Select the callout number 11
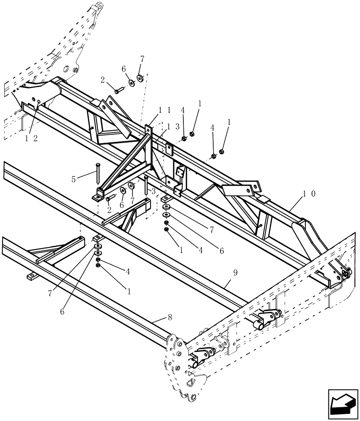164,109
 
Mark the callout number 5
74,179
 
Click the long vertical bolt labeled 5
98,173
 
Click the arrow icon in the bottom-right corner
341,404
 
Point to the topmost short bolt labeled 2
118,89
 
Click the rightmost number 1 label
229,122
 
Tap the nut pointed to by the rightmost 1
222,152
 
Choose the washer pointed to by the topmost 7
140,78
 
